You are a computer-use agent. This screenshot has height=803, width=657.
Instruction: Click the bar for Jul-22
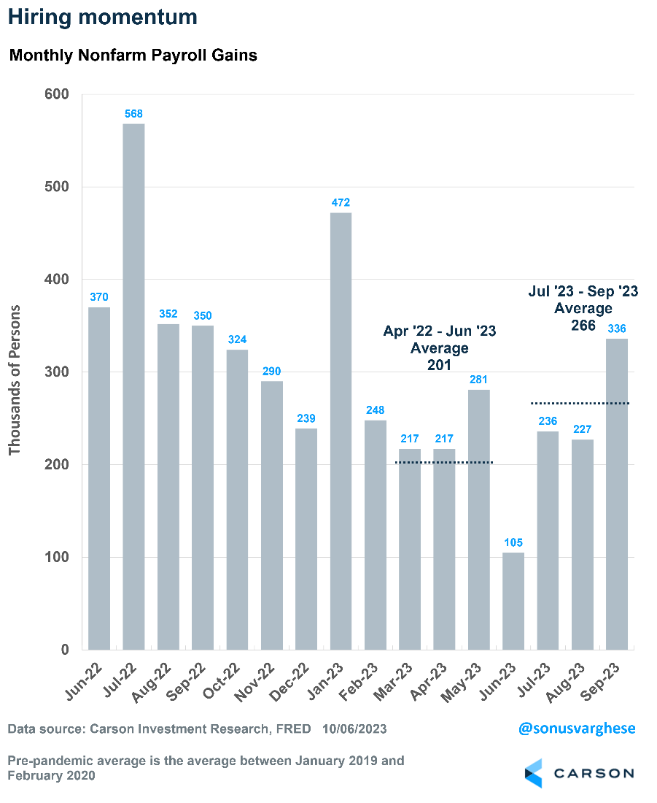tap(133, 387)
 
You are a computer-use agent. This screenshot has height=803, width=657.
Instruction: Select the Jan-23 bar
tap(341, 431)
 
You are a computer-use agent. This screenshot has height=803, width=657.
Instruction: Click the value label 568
tap(133, 114)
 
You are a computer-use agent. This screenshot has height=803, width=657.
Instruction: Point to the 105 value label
tap(513, 542)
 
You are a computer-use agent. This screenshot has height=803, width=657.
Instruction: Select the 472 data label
tap(341, 202)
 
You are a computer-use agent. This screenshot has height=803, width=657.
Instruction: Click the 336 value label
tap(617, 328)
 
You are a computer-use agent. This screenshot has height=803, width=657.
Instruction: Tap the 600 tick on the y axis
tap(56, 94)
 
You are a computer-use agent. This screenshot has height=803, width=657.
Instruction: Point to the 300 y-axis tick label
tap(56, 372)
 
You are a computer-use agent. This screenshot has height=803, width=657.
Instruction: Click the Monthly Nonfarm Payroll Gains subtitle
tap(133, 55)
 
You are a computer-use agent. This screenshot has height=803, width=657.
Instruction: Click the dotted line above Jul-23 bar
tap(548, 403)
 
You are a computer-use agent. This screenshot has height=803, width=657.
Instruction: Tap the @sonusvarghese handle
tap(578, 729)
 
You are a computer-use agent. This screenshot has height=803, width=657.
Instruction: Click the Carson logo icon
tap(534, 773)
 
